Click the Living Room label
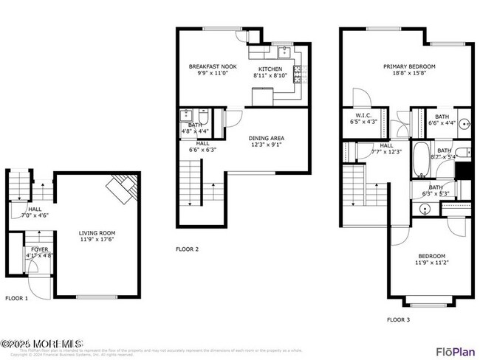coord(97,232)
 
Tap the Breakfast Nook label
coord(207,66)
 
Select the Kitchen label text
coord(270,69)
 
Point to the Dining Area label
coord(267,138)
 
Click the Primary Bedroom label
coord(408,66)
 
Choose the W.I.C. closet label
coord(363,115)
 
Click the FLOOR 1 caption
coord(16,298)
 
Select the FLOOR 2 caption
coord(187,249)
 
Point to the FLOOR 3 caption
coord(399,319)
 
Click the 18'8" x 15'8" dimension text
coord(408,74)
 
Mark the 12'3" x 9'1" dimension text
coord(267,145)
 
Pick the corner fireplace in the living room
coord(122,188)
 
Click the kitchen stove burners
coord(298,74)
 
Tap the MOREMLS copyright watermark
coord(42,343)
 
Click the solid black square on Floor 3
coord(464,171)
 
